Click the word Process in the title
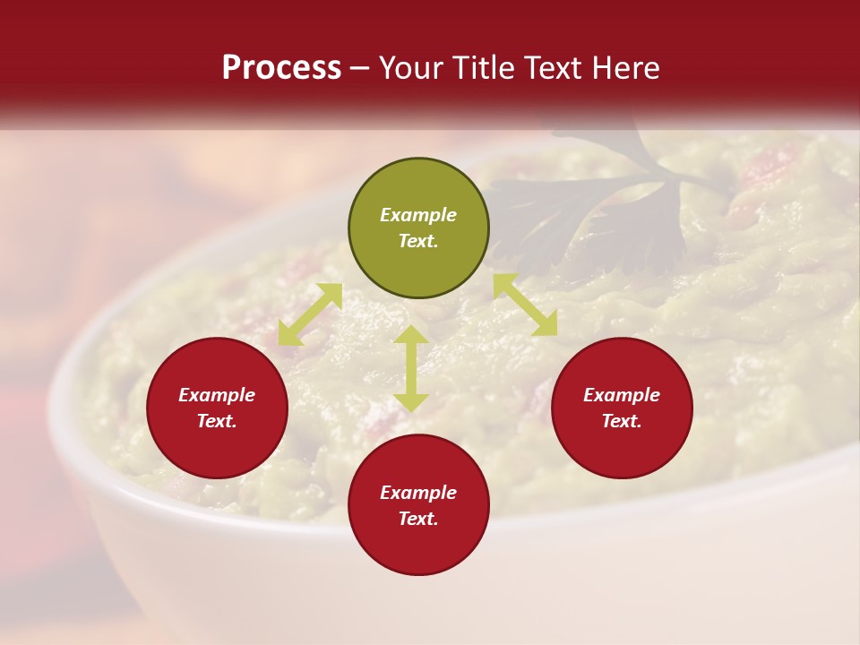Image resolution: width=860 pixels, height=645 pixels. (281, 68)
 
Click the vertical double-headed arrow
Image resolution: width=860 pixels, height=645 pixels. (411, 368)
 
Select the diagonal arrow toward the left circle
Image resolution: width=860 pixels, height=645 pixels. (310, 314)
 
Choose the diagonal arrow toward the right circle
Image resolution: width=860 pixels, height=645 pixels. (525, 305)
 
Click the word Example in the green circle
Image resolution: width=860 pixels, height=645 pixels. (418, 215)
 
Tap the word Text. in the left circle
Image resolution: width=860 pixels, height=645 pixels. (217, 421)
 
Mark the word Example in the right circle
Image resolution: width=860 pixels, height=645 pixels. (622, 395)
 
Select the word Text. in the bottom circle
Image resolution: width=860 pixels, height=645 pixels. (418, 519)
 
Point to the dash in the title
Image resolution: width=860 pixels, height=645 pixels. (359, 69)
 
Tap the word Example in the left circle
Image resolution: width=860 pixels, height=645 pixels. (217, 395)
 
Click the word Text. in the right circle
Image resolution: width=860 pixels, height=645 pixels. (622, 421)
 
